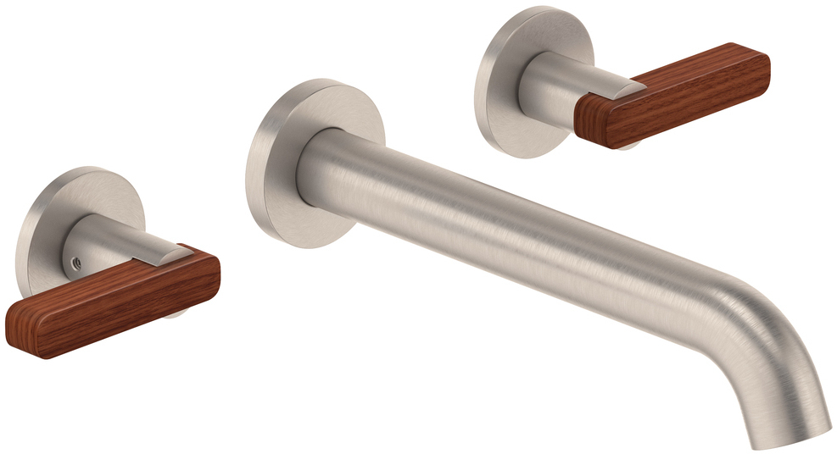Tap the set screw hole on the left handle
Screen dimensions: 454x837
click(x=75, y=263)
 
